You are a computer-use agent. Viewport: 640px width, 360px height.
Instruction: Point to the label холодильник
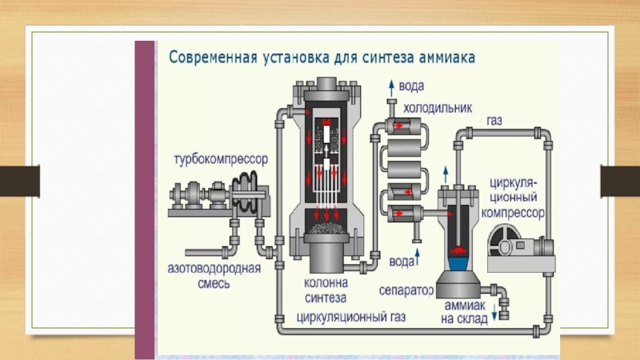(x=438, y=106)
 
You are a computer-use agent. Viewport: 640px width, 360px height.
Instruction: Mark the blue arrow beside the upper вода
(x=390, y=85)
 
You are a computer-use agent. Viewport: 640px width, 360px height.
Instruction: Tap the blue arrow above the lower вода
(x=415, y=248)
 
